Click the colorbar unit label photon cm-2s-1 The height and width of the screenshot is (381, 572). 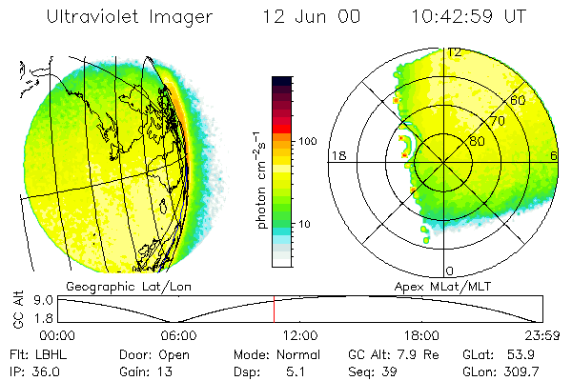tap(260, 180)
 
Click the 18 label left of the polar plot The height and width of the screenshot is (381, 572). tap(337, 155)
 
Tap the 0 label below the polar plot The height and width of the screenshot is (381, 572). tap(450, 271)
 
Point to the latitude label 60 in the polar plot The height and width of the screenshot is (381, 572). tap(519, 99)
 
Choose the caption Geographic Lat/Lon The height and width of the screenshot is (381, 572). tap(123, 286)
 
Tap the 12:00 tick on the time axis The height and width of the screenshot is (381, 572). tap(301, 335)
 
